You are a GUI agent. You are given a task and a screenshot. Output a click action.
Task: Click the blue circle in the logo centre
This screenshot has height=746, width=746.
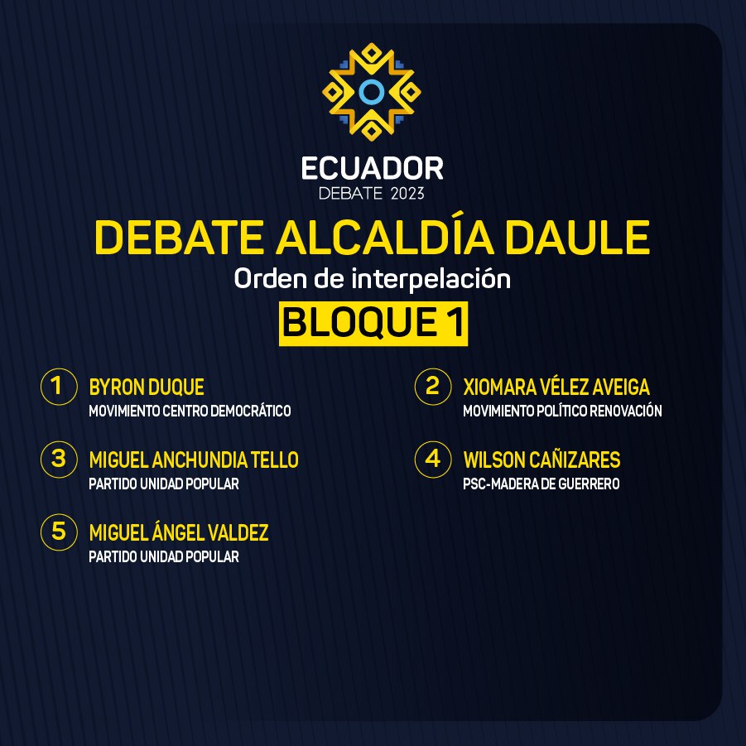pos(372,92)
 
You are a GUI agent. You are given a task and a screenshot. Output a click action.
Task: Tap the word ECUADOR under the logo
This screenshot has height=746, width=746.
pos(372,168)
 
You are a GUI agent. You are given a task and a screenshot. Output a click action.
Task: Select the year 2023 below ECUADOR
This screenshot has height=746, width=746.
pos(407,194)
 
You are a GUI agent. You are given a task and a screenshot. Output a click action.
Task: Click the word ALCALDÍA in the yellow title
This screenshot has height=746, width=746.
pos(384,237)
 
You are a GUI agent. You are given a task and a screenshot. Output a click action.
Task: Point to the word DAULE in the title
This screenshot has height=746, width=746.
pos(577,237)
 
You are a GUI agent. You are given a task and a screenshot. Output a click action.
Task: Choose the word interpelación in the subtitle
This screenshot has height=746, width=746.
pos(431,279)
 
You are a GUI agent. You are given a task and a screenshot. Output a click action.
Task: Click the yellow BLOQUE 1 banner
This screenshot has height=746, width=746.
pos(373,324)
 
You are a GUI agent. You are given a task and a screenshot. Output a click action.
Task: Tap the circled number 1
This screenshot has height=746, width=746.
pos(59,387)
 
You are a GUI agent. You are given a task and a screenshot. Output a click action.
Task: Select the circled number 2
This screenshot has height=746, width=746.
pos(432,387)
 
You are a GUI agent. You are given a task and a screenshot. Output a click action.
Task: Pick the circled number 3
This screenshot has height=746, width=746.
pos(59,460)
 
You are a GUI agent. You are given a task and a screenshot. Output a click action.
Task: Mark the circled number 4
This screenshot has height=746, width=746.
pos(432,460)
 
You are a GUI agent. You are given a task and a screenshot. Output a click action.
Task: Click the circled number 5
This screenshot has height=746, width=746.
pos(59,532)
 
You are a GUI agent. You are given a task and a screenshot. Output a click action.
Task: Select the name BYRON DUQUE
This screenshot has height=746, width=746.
pos(147,387)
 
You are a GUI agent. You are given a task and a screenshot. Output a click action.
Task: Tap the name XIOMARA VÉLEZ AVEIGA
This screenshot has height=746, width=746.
pos(556,387)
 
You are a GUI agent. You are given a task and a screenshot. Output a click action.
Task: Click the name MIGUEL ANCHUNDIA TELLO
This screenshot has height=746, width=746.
pos(194,460)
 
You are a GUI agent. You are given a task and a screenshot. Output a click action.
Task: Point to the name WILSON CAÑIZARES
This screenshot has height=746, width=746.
pos(541,460)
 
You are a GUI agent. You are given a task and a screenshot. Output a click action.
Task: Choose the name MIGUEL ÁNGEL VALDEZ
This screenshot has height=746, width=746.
pos(179,532)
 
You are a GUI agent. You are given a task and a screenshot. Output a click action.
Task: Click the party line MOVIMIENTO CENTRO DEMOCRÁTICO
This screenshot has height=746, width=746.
pos(190,411)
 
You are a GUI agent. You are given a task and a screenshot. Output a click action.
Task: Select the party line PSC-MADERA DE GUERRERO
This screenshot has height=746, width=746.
pos(541,484)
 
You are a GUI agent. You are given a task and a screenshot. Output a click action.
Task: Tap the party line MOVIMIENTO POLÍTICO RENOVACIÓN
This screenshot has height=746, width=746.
pos(562,411)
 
